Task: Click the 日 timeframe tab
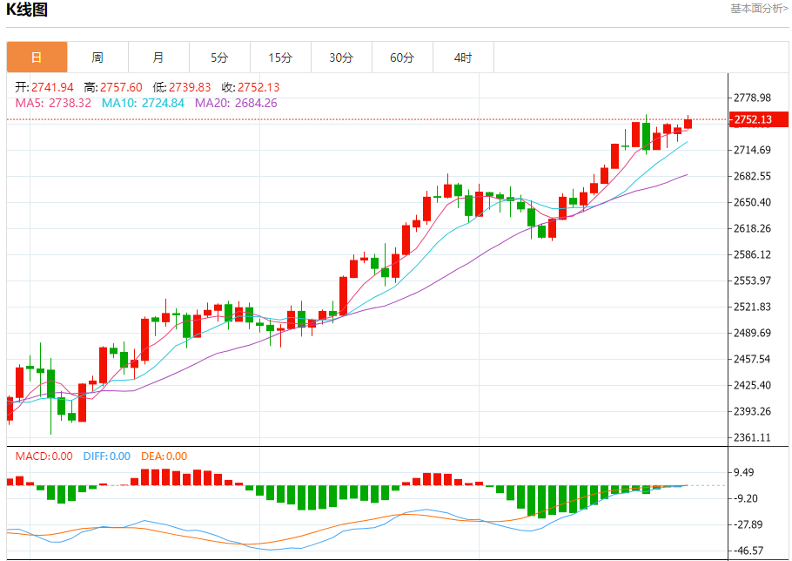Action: coord(37,58)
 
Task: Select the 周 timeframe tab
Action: coord(97,58)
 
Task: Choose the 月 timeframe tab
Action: coord(158,58)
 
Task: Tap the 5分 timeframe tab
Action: coord(219,58)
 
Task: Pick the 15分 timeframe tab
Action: coord(280,58)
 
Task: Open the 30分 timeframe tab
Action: coord(341,58)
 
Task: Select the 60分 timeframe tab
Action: coord(402,58)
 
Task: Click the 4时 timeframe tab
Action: coord(463,58)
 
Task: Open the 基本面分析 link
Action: coord(759,9)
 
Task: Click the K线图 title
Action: coord(27,10)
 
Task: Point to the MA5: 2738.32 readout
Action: coord(53,103)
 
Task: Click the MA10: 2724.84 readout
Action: coord(143,103)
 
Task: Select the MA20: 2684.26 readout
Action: coord(236,103)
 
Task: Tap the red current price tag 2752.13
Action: coord(753,120)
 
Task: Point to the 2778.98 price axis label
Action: coord(753,98)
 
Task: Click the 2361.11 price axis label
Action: coord(753,438)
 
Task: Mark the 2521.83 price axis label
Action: coord(753,307)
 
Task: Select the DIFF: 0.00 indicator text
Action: coord(107,456)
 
